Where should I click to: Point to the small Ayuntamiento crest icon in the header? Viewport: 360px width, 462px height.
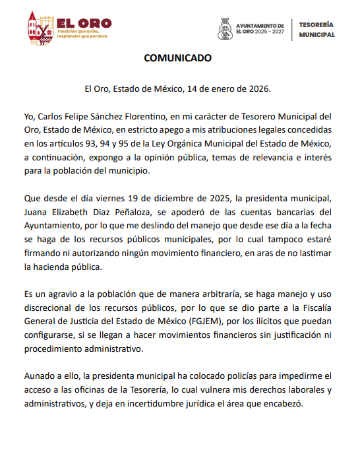[225, 28]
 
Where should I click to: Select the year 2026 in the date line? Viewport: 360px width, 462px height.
[257, 88]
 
